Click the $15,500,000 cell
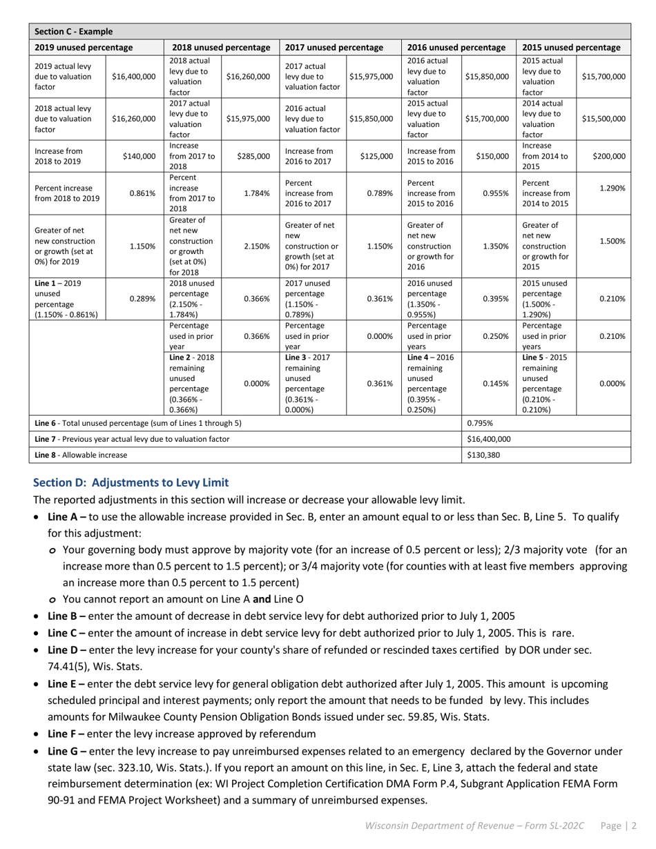coord(603,119)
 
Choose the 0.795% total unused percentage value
coord(481,423)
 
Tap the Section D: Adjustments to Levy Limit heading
coord(131,482)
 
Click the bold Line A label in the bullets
coord(66,517)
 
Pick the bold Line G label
coord(67,751)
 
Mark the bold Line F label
coord(66,734)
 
